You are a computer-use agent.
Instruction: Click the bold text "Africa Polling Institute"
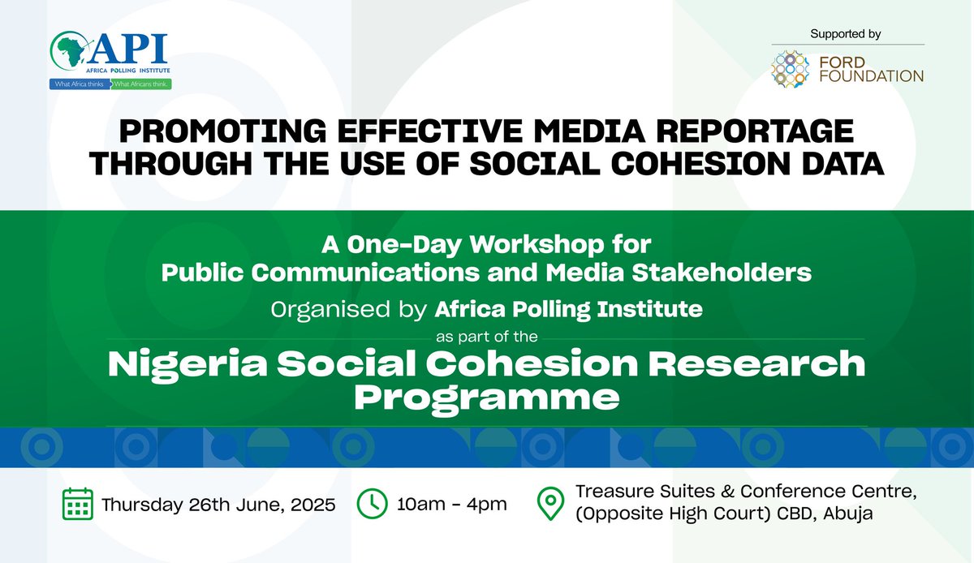coord(568,308)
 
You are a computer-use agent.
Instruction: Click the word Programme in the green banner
coord(487,398)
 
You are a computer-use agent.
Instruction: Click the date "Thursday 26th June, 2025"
coord(218,505)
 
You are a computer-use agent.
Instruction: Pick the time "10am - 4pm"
coord(452,505)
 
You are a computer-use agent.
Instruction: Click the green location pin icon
coord(551,504)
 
